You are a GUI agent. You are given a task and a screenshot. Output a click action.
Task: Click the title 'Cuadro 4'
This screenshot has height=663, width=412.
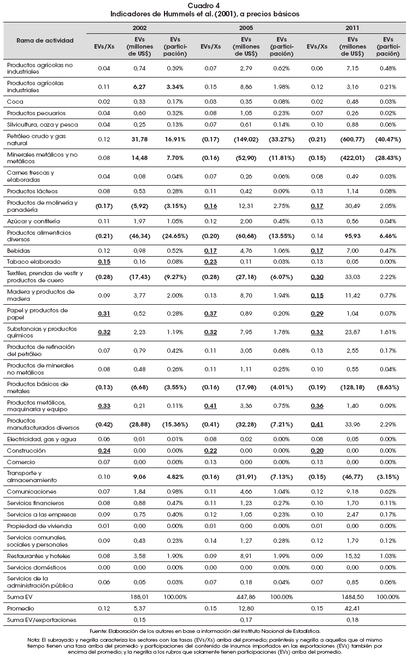coord(204,5)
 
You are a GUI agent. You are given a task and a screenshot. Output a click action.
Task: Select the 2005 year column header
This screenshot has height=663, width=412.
coord(246,28)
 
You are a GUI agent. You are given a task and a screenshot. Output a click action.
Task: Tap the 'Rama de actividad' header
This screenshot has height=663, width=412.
coord(45,40)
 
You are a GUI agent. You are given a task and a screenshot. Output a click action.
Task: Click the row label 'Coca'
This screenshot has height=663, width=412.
coord(15,102)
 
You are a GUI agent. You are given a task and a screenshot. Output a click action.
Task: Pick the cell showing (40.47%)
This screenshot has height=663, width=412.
coord(388,139)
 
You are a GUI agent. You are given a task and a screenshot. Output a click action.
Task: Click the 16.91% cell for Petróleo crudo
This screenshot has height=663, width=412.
coord(175,139)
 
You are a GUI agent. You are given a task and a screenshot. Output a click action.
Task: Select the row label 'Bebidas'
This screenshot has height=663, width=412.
coord(19,251)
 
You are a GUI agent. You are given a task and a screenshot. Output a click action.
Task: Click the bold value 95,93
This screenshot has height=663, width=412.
coord(352,236)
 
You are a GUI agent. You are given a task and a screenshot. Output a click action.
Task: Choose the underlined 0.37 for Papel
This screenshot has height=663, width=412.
coord(210,313)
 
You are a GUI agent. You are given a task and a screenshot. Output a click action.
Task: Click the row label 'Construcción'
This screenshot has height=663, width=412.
coord(26,451)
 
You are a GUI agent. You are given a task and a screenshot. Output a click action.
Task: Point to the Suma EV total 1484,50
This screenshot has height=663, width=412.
coord(352,597)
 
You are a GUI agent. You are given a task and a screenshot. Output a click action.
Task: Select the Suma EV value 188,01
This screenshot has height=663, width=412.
coord(139,597)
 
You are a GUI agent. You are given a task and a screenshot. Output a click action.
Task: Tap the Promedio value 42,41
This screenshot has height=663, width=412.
coord(352,608)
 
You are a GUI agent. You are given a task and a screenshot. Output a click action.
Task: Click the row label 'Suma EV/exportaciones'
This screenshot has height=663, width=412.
coord(42,620)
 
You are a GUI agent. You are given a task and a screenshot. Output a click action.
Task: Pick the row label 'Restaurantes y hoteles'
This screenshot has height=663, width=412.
coord(39,556)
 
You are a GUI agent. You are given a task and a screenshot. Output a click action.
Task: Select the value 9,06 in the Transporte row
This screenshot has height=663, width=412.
coord(139,477)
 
